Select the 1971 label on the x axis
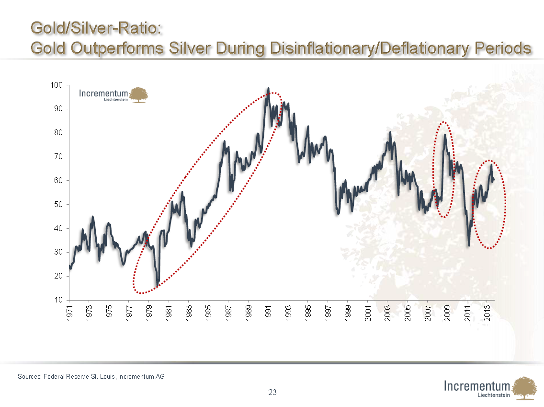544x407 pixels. click(x=69, y=313)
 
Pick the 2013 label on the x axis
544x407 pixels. click(x=487, y=313)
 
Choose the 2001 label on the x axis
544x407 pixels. click(x=368, y=313)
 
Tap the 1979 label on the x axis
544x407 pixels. click(x=149, y=313)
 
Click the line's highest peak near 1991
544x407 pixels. click(x=268, y=88)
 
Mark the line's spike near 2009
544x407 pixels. click(x=445, y=135)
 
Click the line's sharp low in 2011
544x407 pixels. click(x=469, y=245)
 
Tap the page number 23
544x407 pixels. click(x=272, y=393)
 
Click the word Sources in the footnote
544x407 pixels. click(x=29, y=377)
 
